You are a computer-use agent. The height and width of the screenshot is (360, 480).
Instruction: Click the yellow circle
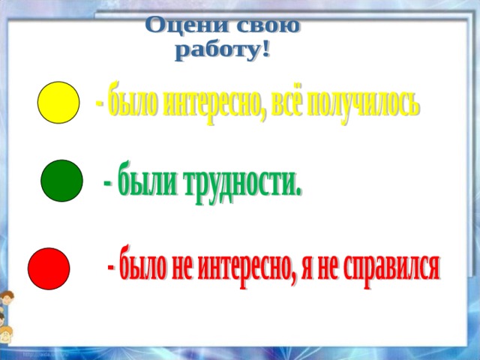(x=58, y=103)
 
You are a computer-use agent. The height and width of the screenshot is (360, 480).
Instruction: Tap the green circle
(x=61, y=181)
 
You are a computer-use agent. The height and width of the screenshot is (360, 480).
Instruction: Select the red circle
(x=49, y=268)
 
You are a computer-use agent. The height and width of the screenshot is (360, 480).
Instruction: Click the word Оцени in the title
(x=187, y=25)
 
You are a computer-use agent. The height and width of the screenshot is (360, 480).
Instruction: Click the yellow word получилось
(x=362, y=103)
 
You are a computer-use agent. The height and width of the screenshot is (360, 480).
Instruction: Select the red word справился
(x=391, y=268)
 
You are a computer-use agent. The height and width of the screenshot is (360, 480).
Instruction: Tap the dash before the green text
(x=108, y=184)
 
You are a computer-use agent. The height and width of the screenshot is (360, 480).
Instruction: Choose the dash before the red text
(x=112, y=267)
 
